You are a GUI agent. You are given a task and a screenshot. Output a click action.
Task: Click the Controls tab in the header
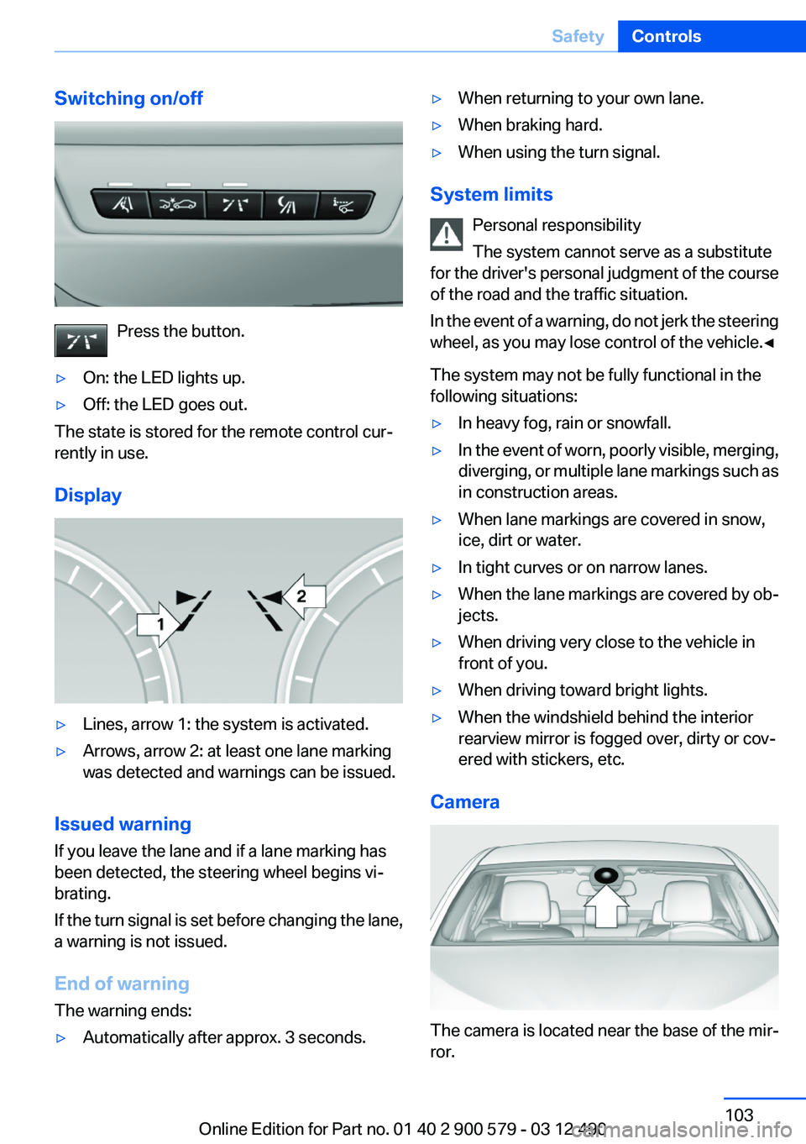point(666,36)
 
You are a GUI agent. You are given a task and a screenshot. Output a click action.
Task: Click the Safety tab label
point(578,36)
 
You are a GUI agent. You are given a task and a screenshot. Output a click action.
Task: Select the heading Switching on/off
point(128,98)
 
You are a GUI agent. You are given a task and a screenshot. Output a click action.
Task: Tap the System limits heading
point(491,194)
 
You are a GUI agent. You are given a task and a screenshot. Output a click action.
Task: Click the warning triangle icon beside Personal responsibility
point(447,234)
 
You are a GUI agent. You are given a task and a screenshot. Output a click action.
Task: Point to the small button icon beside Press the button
point(81,340)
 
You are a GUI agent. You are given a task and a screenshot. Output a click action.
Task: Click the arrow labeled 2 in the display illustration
point(301,596)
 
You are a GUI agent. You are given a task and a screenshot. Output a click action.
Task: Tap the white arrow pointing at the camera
point(606,905)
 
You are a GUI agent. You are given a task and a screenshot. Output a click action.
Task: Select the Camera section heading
point(464,802)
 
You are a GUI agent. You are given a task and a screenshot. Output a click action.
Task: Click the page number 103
point(739,1115)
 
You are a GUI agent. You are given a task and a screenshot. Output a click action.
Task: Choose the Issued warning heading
point(123,824)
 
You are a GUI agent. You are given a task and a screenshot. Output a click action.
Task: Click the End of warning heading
point(122,984)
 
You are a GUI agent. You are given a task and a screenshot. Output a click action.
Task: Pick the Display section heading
point(88,496)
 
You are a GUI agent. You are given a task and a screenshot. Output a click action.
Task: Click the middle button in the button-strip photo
point(234,204)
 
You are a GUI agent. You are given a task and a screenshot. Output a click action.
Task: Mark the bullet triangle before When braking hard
point(437,126)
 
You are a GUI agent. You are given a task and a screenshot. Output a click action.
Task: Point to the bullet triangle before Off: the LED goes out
point(60,406)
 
